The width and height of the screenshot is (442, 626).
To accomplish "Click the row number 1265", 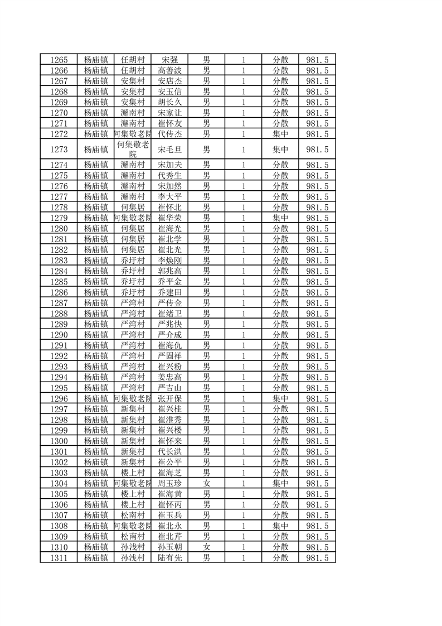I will pyautogui.click(x=59, y=60).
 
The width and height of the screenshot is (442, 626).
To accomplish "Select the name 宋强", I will pyautogui.click(x=170, y=60).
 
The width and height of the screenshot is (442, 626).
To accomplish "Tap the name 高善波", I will pyautogui.click(x=170, y=70).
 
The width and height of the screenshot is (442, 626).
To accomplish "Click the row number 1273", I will pyautogui.click(x=59, y=150).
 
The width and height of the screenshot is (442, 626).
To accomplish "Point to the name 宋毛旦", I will pyautogui.click(x=170, y=150).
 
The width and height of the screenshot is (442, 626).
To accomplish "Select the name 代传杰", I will pyautogui.click(x=170, y=134).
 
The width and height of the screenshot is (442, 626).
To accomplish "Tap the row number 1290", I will pyautogui.click(x=59, y=335).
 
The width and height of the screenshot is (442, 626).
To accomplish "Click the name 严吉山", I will pyautogui.click(x=170, y=388).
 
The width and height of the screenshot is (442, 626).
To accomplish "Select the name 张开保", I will pyautogui.click(x=170, y=398).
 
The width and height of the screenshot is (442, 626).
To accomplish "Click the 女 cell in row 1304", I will pyautogui.click(x=206, y=483).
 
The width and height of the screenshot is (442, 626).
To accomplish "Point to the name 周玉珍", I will pyautogui.click(x=170, y=483).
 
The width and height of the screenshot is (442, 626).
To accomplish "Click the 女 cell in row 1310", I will pyautogui.click(x=206, y=547).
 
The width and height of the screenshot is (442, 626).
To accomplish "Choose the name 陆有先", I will pyautogui.click(x=170, y=557).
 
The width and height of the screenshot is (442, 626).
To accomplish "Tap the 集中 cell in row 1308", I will pyautogui.click(x=280, y=526).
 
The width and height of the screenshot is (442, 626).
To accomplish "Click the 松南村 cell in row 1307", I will pyautogui.click(x=133, y=515).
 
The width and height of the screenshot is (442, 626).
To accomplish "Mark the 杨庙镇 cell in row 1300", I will pyautogui.click(x=96, y=441).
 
